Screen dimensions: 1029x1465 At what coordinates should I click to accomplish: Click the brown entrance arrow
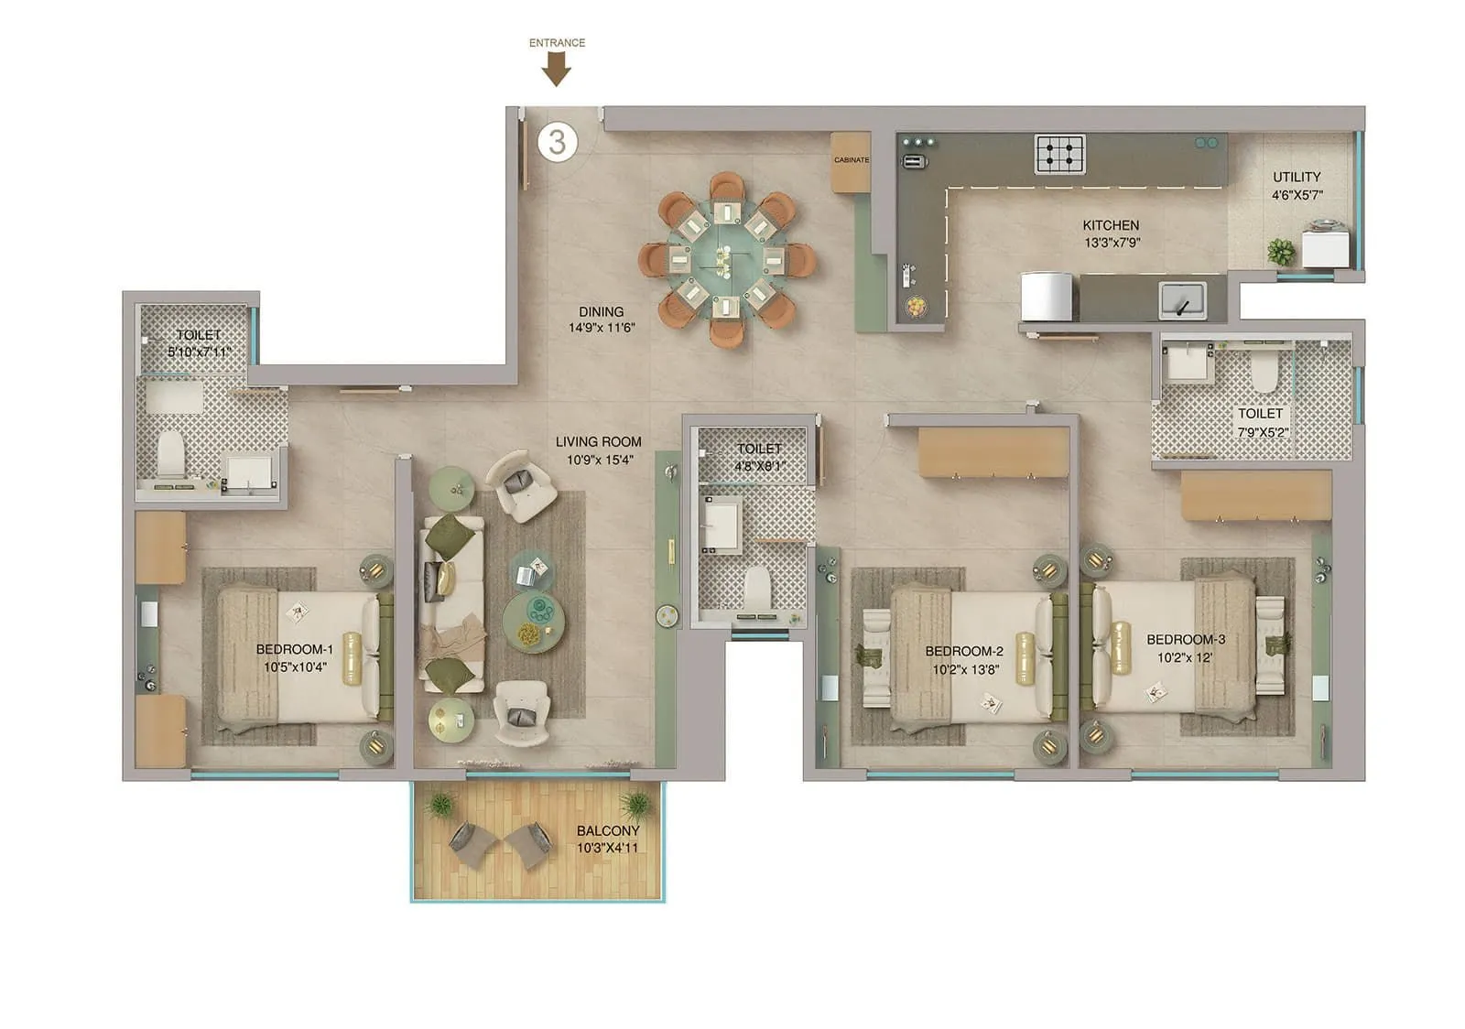[x=556, y=69]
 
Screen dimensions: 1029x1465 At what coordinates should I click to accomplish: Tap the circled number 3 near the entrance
[x=558, y=142]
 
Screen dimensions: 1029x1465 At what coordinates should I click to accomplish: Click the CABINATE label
[x=851, y=160]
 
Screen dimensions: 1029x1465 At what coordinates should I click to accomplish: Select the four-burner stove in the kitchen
[x=1060, y=154]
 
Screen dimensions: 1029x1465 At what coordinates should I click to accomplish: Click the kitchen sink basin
[x=1182, y=298]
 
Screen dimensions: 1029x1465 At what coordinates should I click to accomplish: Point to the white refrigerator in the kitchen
[x=1045, y=298]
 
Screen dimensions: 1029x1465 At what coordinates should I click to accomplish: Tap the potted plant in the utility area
[x=1281, y=251]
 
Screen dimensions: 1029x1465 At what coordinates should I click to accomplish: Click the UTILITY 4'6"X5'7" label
[x=1297, y=186]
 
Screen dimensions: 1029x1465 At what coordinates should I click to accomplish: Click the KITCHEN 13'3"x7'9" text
[x=1111, y=233]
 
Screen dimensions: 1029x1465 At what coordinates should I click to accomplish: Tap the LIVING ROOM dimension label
[x=598, y=460]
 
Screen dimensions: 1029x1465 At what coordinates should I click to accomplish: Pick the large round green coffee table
[x=533, y=622]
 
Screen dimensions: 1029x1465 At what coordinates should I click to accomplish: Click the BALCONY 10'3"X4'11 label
[x=608, y=839]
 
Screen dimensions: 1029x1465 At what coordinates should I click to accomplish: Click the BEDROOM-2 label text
[x=963, y=651]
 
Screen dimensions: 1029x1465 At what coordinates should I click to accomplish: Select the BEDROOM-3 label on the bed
[x=1186, y=639]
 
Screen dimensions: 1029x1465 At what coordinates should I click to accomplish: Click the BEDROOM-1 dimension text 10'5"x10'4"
[x=295, y=667]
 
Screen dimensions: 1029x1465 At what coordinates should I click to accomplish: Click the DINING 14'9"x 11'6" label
[x=601, y=320]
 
